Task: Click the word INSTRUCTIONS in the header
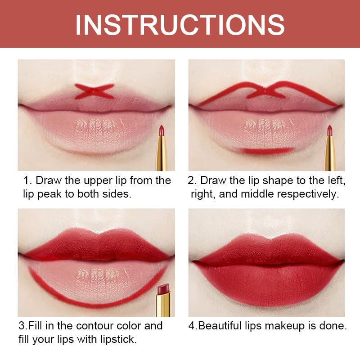point(180,25)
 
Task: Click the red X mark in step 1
point(94,91)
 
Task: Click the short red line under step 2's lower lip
point(264,151)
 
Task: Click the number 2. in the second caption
point(192,180)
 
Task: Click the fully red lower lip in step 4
point(265,283)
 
